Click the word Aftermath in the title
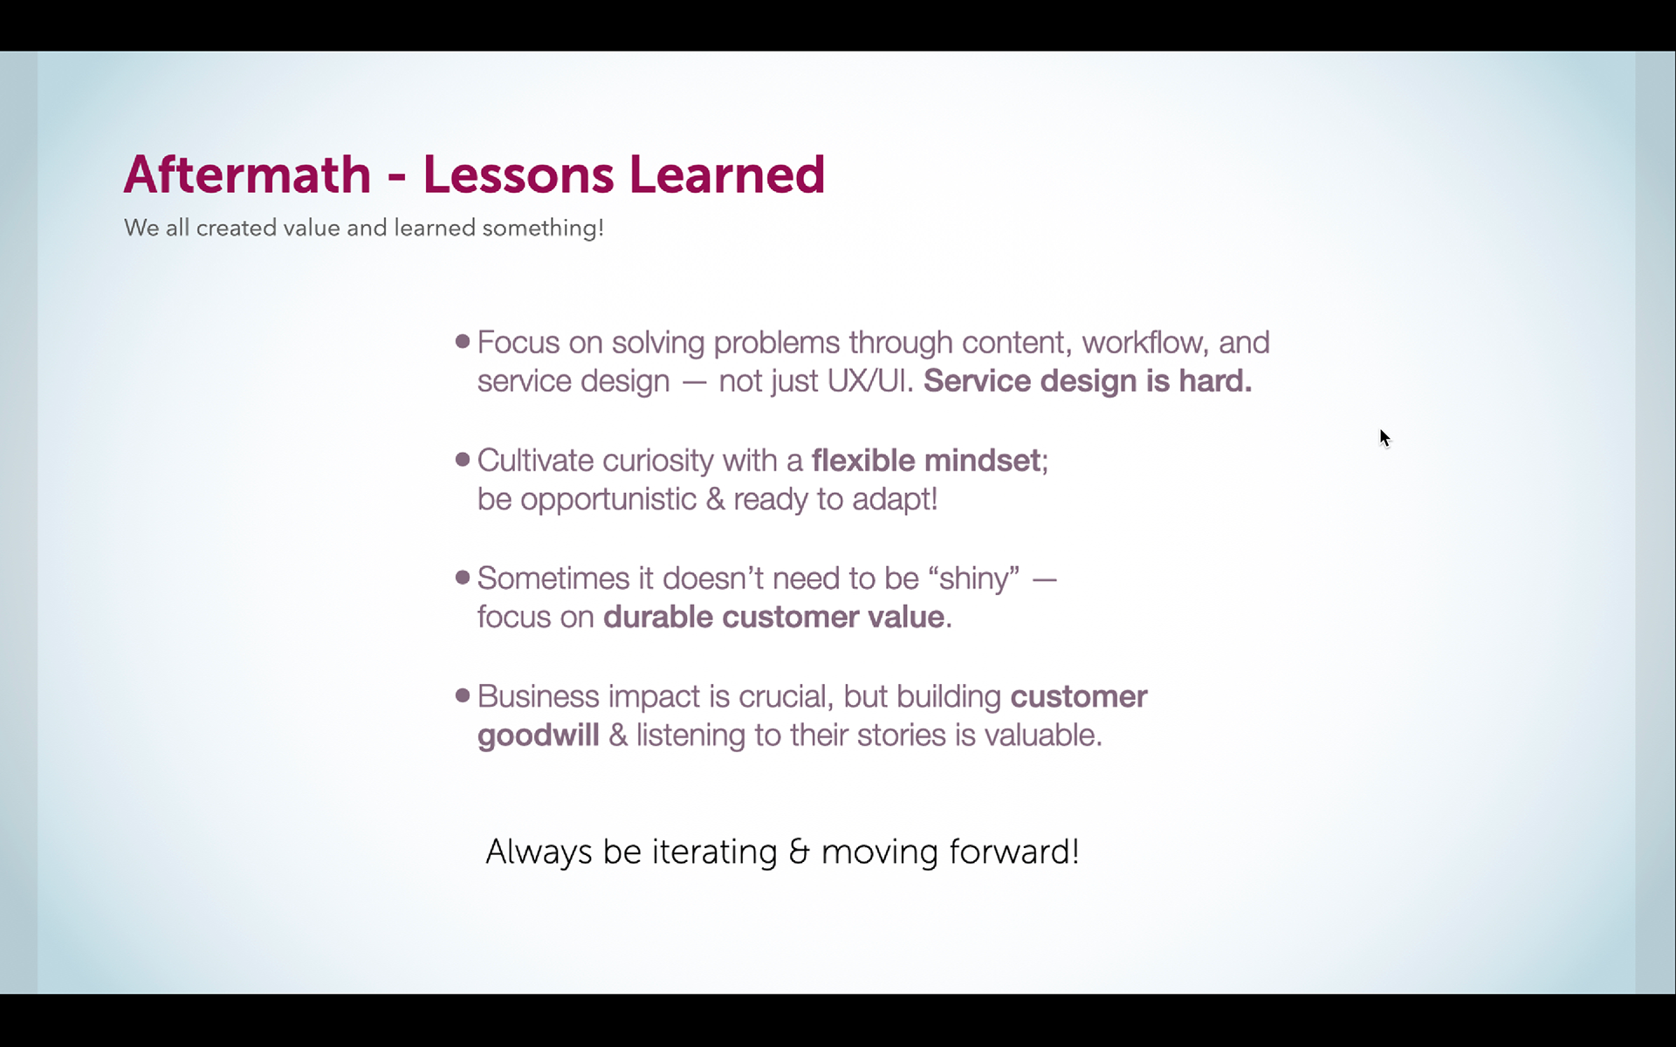[248, 174]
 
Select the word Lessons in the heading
[519, 174]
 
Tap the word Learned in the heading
[727, 174]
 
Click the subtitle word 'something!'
[543, 229]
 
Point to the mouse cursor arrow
[1384, 438]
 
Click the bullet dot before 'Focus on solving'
[463, 341]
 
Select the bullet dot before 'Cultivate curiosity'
[463, 459]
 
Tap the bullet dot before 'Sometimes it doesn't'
[463, 577]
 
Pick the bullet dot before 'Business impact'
[463, 695]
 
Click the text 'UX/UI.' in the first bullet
[870, 381]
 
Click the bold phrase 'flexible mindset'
[926, 460]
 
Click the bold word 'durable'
[658, 617]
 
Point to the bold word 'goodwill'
[539, 736]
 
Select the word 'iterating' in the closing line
[715, 852]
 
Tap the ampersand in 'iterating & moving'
[799, 852]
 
